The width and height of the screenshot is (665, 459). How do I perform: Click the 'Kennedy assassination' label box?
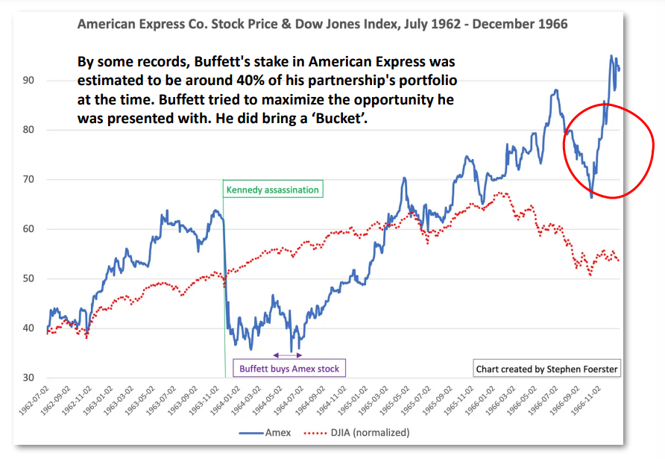[274, 190]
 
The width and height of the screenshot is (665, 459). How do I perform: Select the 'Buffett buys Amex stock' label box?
[289, 369]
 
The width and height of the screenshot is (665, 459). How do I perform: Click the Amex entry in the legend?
[260, 431]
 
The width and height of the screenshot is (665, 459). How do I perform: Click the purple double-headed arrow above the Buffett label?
[288, 355]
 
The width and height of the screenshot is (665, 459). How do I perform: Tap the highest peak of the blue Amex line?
[611, 55]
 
